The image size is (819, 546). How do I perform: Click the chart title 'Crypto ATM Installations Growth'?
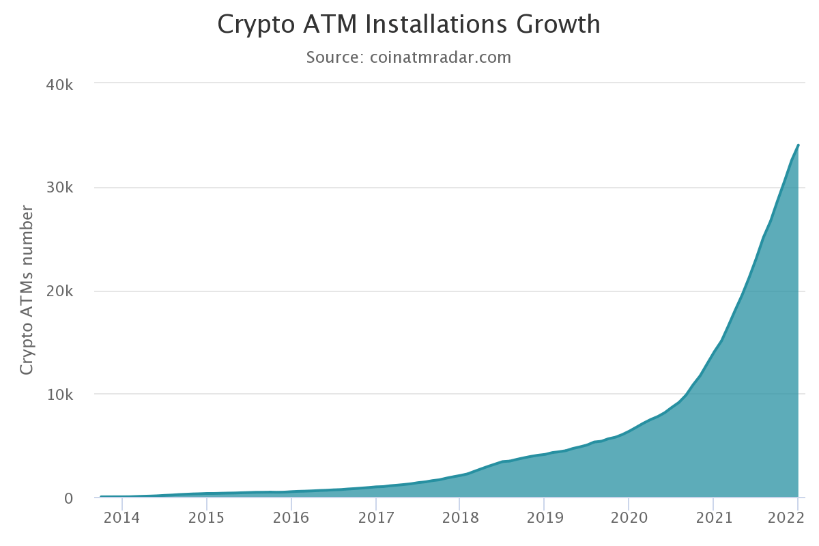point(409,25)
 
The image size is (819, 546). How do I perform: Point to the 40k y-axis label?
point(59,85)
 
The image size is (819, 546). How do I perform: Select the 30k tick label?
point(59,188)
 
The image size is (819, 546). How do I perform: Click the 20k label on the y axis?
point(59,291)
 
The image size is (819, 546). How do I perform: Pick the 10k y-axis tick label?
point(59,394)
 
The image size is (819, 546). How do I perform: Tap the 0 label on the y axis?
point(68,498)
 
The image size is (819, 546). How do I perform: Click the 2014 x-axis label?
point(121,517)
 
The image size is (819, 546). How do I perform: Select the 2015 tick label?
point(206,517)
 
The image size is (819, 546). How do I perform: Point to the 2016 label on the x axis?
point(291,517)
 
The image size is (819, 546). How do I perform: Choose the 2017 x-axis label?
point(375,517)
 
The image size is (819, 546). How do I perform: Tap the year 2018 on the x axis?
point(460,517)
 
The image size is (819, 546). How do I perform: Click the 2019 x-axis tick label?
point(544,517)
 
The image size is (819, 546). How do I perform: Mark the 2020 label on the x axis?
point(629,517)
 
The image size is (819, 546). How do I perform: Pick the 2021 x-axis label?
point(713,517)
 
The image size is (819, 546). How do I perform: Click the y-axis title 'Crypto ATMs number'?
point(27,289)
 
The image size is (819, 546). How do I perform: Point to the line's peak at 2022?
point(798,145)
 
